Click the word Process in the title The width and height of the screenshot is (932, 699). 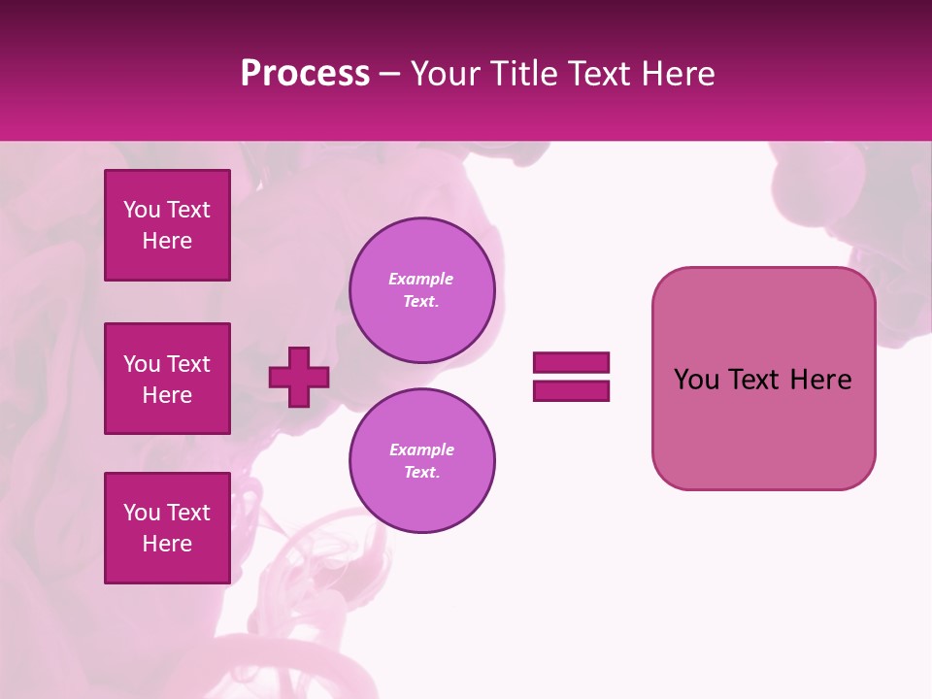(x=305, y=74)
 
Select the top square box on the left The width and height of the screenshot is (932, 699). (x=167, y=225)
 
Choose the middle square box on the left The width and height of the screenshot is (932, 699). (x=167, y=379)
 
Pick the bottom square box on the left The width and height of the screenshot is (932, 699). (x=167, y=528)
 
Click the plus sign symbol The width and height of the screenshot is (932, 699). (x=299, y=377)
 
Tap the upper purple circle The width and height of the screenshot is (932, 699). (x=422, y=290)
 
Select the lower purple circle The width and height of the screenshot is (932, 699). (x=422, y=461)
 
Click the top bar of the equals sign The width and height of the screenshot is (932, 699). (x=571, y=362)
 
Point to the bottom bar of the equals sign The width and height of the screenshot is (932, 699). (x=571, y=391)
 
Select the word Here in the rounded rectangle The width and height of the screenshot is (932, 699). (x=820, y=380)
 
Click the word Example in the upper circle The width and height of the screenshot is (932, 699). (x=421, y=279)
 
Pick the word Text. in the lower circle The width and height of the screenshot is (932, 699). (x=421, y=473)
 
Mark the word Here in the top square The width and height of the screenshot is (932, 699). (x=167, y=241)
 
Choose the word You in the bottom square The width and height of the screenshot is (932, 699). (x=142, y=513)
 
